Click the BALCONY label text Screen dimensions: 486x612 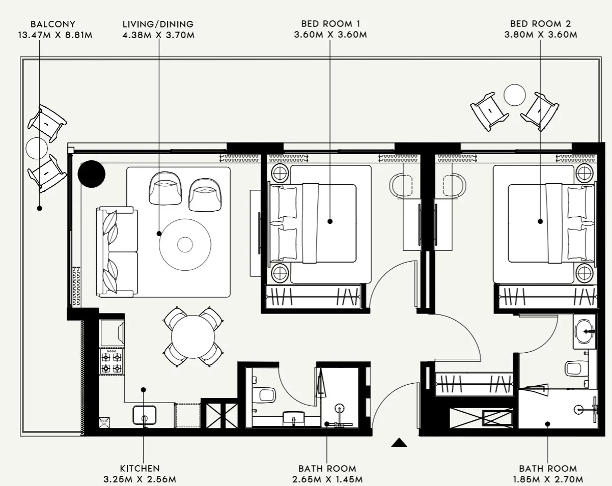53,24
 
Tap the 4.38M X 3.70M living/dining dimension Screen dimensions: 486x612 158,35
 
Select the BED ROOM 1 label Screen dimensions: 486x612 330,24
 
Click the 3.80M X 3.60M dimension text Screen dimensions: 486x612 540,35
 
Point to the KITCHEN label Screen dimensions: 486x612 140,468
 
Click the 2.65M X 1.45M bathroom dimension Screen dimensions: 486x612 327,479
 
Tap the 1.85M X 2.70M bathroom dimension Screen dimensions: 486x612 548,479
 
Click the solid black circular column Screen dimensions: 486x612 92,174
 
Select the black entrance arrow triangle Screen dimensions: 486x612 399,442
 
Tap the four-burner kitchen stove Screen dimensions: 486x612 112,362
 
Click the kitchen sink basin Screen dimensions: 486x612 145,415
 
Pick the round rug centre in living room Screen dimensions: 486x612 185,244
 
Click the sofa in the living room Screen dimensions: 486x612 116,251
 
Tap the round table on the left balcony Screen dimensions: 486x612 37,148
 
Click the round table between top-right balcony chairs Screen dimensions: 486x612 514,95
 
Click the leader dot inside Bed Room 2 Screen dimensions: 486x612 540,221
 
